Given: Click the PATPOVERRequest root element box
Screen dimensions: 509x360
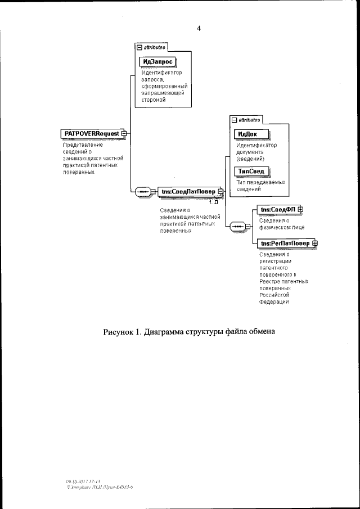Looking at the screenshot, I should [x=90, y=133].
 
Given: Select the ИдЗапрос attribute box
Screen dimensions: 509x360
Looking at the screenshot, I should [x=157, y=62].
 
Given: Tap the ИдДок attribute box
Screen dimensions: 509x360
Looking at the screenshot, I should [x=251, y=134].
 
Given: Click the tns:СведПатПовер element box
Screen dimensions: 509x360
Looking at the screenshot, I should [x=188, y=191].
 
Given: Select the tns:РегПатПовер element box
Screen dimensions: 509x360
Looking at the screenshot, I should [x=285, y=243].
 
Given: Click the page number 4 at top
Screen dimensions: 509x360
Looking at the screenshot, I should [x=199, y=29].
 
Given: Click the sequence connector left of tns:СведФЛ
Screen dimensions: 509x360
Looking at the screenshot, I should [x=238, y=226].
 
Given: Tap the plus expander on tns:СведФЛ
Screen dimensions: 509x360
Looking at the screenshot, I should [x=300, y=210].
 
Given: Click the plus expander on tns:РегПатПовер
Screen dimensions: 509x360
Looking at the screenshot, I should [x=315, y=243].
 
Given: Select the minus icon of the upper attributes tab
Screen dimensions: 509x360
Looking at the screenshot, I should [x=139, y=48].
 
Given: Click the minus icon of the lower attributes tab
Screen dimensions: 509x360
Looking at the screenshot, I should [x=235, y=120].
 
